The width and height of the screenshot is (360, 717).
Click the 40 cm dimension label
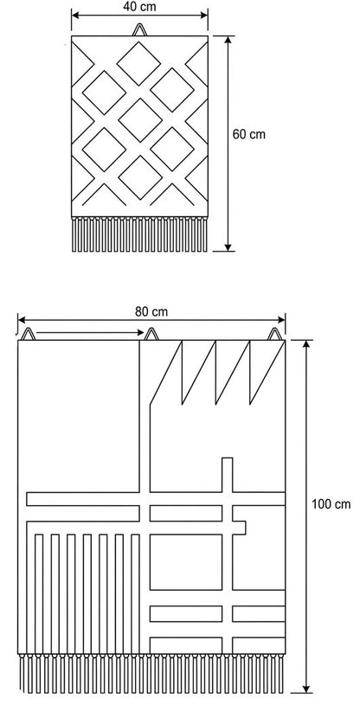coord(139,6)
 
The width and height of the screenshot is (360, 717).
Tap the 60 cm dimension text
coord(249,134)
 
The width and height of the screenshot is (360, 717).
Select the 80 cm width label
coord(151,311)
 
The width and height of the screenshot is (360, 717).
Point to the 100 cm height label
coord(331,504)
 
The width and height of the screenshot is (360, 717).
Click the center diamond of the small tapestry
coord(140,120)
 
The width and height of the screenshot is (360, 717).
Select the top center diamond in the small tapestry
coord(138,63)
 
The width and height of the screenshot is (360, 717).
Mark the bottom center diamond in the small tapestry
coord(140,177)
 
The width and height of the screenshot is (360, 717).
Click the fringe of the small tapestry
coord(139,234)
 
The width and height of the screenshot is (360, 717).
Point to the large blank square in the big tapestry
coord(79,416)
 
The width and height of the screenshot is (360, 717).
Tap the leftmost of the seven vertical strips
coord(39,593)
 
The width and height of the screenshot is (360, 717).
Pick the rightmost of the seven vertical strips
coord(135,593)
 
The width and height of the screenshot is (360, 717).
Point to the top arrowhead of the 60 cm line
coord(228,42)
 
